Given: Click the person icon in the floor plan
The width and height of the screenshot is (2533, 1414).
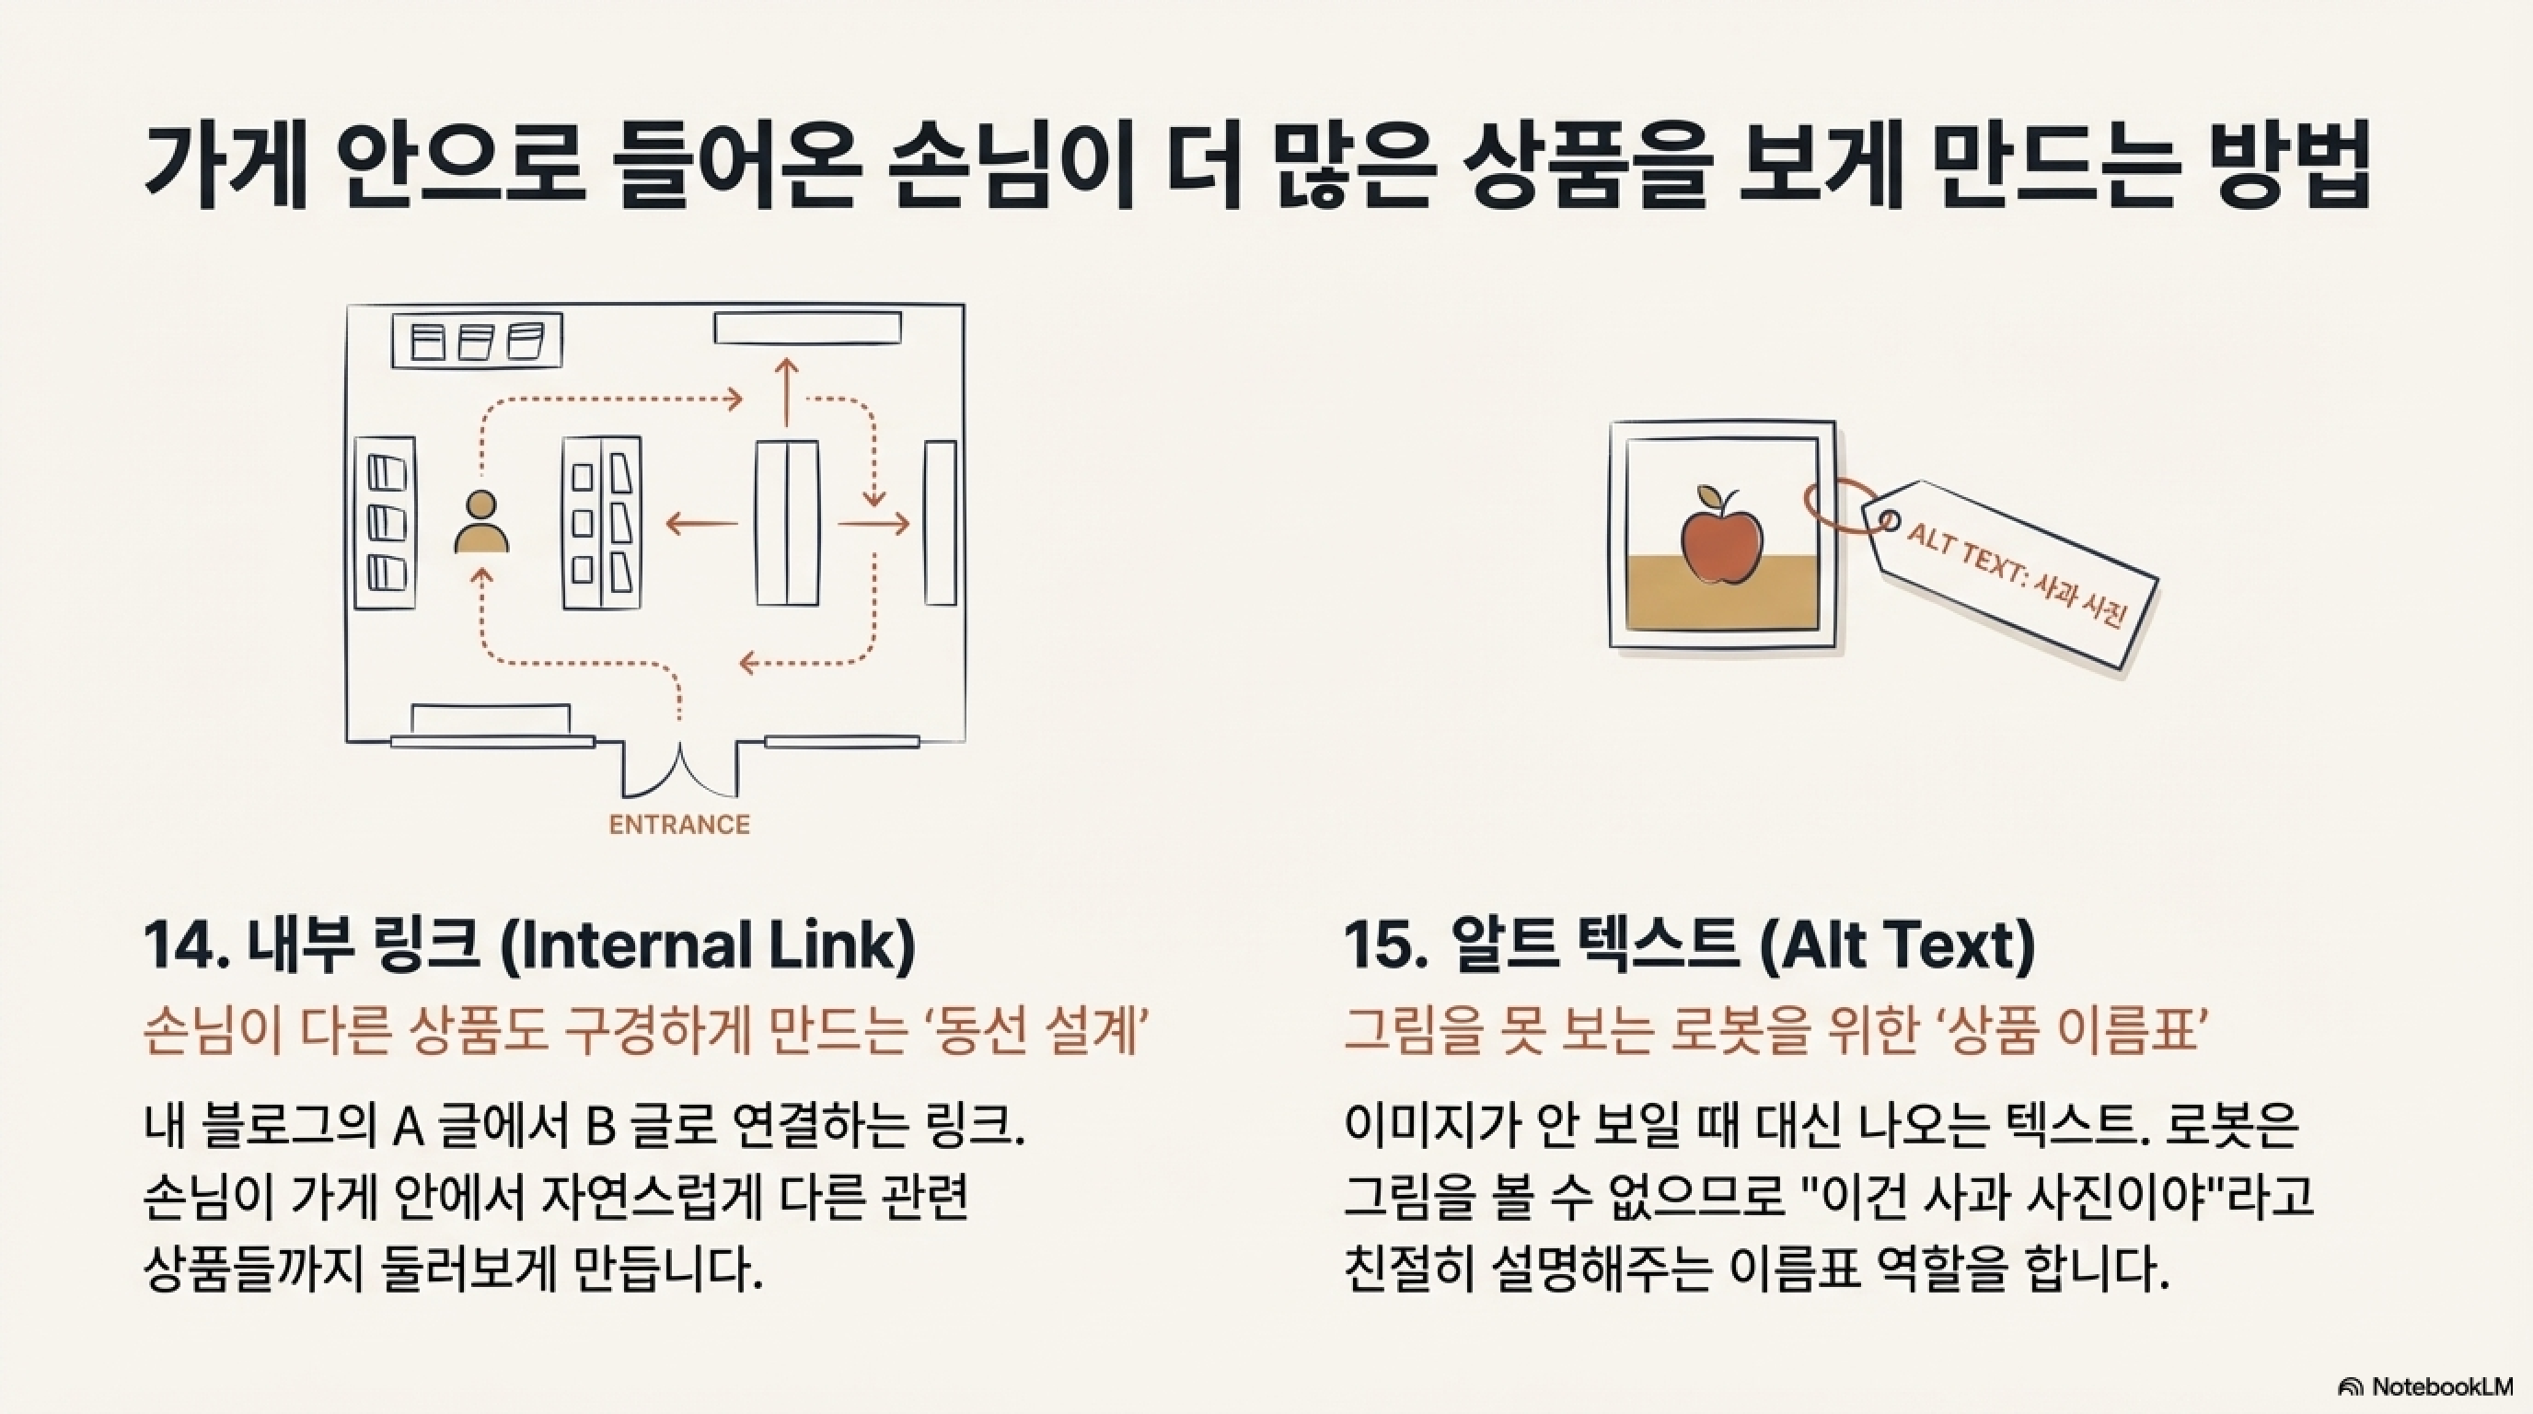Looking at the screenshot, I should (480, 523).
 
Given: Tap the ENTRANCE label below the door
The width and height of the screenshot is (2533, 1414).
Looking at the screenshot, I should (679, 825).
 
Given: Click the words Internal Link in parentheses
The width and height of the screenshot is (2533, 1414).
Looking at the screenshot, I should (709, 946).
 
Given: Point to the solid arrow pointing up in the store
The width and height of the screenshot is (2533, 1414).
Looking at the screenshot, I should (786, 391).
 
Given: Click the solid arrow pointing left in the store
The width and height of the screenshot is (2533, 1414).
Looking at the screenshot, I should (701, 523).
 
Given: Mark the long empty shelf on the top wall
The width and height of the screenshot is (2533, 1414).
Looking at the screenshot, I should (807, 328).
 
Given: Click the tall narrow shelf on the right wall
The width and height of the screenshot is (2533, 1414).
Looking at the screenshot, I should (940, 523).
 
